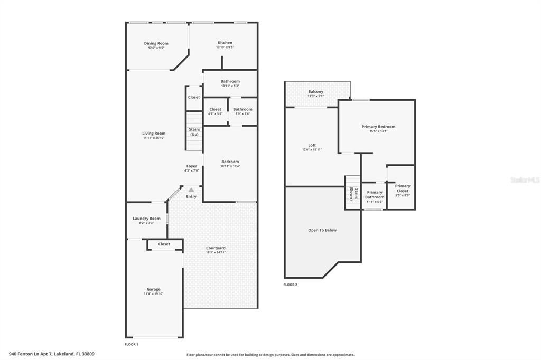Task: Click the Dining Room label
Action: [x=156, y=43]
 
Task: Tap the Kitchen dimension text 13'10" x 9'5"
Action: [x=225, y=47]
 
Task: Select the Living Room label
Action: [x=154, y=134]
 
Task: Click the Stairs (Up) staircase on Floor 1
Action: [x=194, y=131]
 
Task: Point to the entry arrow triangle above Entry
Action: [x=191, y=190]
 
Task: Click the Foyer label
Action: [x=192, y=166]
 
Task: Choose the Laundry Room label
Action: [x=147, y=219]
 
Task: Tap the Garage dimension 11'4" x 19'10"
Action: [x=154, y=294]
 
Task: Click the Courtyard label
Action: [x=216, y=248]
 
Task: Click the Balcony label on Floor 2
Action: [x=316, y=92]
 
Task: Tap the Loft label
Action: [x=312, y=145]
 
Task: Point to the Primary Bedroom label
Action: [x=378, y=127]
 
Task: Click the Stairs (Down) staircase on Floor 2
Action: [x=352, y=193]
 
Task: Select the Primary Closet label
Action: [x=403, y=188]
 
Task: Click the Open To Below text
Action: [x=322, y=230]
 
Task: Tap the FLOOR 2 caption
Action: [x=290, y=285]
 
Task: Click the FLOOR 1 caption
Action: [x=131, y=344]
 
